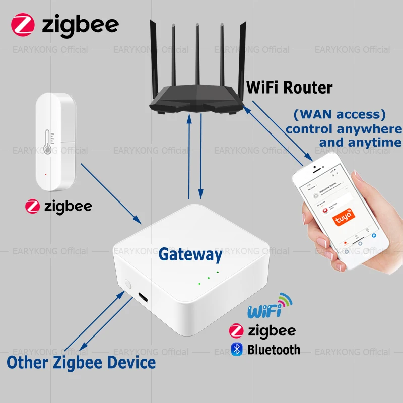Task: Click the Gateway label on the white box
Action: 190,254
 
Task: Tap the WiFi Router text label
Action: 289,88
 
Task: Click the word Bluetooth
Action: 274,349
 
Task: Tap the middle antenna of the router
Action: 197,55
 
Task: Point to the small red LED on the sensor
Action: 46,175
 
